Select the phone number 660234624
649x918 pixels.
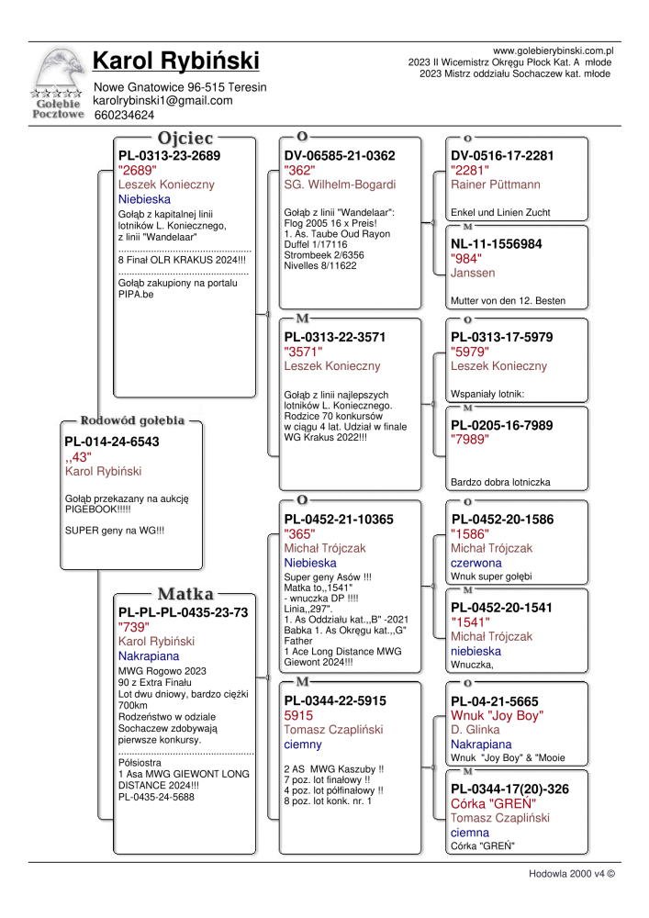click(x=124, y=116)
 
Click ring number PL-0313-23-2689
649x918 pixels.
click(x=170, y=156)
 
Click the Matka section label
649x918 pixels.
click(x=185, y=593)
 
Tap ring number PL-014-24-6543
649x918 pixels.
click(x=112, y=442)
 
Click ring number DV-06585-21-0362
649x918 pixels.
click(x=340, y=156)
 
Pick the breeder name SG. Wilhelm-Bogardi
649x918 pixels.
click(x=340, y=185)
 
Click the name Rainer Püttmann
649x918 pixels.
click(x=496, y=185)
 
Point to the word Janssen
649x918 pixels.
click(x=473, y=273)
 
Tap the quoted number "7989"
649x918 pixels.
click(x=470, y=440)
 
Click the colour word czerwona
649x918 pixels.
click(x=476, y=563)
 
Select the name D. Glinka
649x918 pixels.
click(x=476, y=730)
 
